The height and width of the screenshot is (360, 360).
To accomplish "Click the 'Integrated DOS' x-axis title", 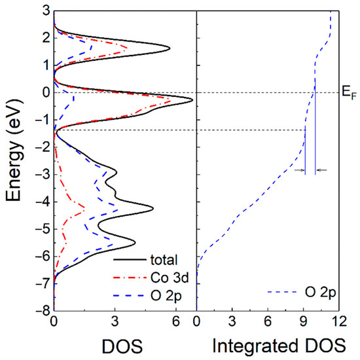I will (268, 344).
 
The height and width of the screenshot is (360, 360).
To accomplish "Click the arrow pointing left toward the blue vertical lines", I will (321, 171).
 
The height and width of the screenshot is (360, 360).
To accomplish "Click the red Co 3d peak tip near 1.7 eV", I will (127, 46).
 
